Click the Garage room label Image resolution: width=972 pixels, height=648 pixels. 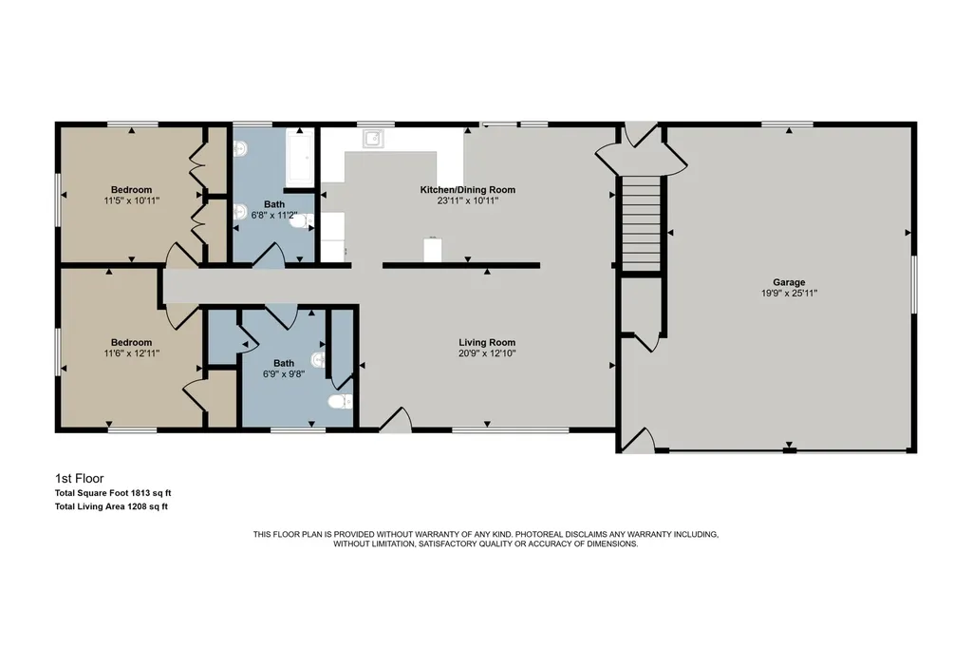pos(789,282)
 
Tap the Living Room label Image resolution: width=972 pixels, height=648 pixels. pos(487,342)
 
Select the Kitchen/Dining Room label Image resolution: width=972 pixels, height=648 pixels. pos(467,190)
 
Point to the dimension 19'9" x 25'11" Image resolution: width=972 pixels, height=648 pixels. pos(789,293)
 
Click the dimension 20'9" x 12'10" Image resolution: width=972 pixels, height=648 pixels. pos(487,353)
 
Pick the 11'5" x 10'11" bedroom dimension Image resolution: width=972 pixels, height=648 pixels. pos(131,201)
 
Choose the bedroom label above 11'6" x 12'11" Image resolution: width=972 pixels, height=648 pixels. pos(131,342)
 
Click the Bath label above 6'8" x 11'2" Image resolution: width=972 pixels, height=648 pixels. pos(274,204)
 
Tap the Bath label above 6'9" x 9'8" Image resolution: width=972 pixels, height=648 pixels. pos(284,363)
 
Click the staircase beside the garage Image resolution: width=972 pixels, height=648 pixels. pos(641,223)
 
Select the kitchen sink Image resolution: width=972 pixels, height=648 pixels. pos(373,139)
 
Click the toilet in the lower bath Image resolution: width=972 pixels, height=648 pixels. pos(340,402)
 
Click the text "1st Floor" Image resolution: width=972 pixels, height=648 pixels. pos(80,478)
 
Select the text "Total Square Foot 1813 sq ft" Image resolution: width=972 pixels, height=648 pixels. pos(113,493)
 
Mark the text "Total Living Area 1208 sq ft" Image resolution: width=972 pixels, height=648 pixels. pos(111,506)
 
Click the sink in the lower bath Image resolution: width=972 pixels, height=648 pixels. pos(317,359)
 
